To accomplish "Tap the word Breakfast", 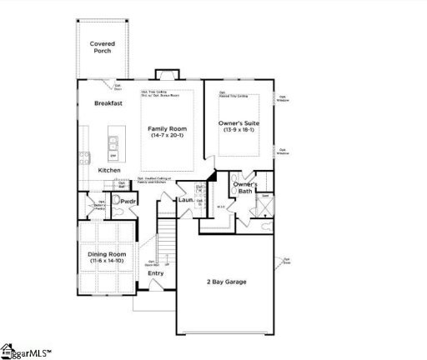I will pos(108,103).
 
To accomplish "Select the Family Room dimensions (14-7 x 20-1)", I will pos(168,136).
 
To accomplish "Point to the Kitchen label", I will pos(109,171).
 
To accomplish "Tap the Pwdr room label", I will pos(128,202).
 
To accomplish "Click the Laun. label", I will pos(185,200).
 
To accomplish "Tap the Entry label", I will pos(156,273).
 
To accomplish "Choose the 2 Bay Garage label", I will pos(226,282).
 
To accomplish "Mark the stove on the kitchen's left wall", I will pos(83,157).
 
